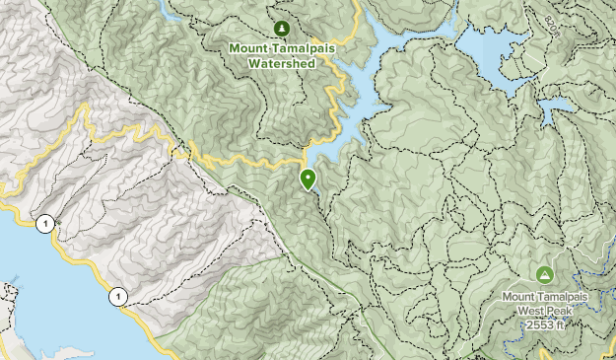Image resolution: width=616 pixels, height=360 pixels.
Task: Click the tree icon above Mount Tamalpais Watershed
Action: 282,28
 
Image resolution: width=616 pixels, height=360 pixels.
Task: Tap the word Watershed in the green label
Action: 282,63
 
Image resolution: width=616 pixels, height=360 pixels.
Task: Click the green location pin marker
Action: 308,179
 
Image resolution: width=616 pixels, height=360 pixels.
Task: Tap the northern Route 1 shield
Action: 44,224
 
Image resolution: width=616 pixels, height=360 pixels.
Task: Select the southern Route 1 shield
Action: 117,294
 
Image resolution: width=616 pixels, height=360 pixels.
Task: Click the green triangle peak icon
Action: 543,273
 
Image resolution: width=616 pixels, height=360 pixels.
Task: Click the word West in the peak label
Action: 525,309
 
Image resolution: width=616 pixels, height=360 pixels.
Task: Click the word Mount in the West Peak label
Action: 519,294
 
